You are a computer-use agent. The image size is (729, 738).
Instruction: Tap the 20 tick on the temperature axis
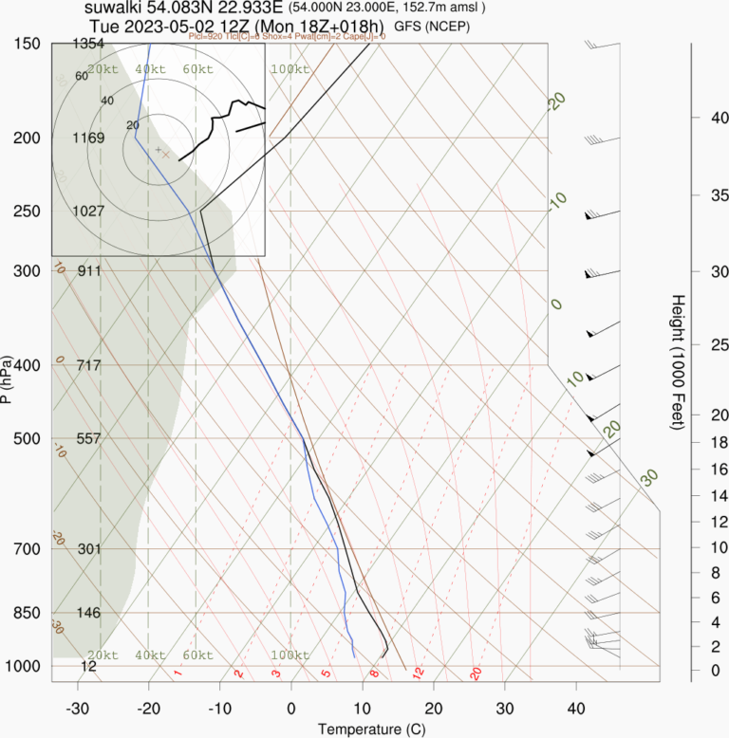434,708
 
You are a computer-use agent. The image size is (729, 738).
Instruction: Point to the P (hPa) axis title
8,379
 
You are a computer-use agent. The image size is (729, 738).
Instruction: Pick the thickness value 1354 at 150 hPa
87,44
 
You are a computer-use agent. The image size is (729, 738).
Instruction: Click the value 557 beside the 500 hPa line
88,438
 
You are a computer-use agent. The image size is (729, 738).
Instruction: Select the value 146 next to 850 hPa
88,613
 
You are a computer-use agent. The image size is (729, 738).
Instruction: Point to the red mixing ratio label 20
476,673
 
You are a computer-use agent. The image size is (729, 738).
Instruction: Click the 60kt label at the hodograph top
196,69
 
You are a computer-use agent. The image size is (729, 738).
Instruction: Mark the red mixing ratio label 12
417,673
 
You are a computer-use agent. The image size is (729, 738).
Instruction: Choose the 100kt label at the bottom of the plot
290,655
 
